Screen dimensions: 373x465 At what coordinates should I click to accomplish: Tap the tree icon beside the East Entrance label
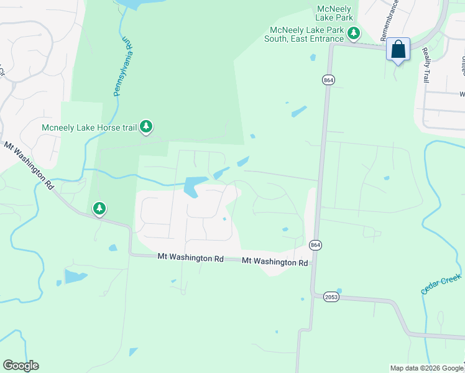pos(354,33)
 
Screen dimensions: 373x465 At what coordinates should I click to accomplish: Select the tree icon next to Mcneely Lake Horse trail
pos(146,127)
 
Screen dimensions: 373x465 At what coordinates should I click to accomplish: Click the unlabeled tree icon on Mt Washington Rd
pos(99,209)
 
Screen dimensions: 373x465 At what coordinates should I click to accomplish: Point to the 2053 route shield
pos(331,297)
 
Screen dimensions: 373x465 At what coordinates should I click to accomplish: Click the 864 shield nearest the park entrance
pos(328,80)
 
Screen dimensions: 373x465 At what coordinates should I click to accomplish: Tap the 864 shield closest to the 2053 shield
pos(315,245)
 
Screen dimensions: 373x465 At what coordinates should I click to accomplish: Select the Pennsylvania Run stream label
pos(122,65)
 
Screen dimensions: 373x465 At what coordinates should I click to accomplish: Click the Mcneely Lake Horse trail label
pos(89,128)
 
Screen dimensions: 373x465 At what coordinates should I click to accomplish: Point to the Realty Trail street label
pos(426,65)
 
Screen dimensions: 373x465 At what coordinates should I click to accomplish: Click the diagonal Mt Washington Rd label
pos(29,166)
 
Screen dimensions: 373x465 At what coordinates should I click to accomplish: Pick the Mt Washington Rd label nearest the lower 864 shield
pos(275,262)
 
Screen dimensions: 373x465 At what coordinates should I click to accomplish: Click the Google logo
pos(21,366)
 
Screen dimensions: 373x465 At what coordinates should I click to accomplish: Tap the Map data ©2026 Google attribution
pos(426,368)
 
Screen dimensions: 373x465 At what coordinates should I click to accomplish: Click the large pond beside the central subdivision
pos(195,186)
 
